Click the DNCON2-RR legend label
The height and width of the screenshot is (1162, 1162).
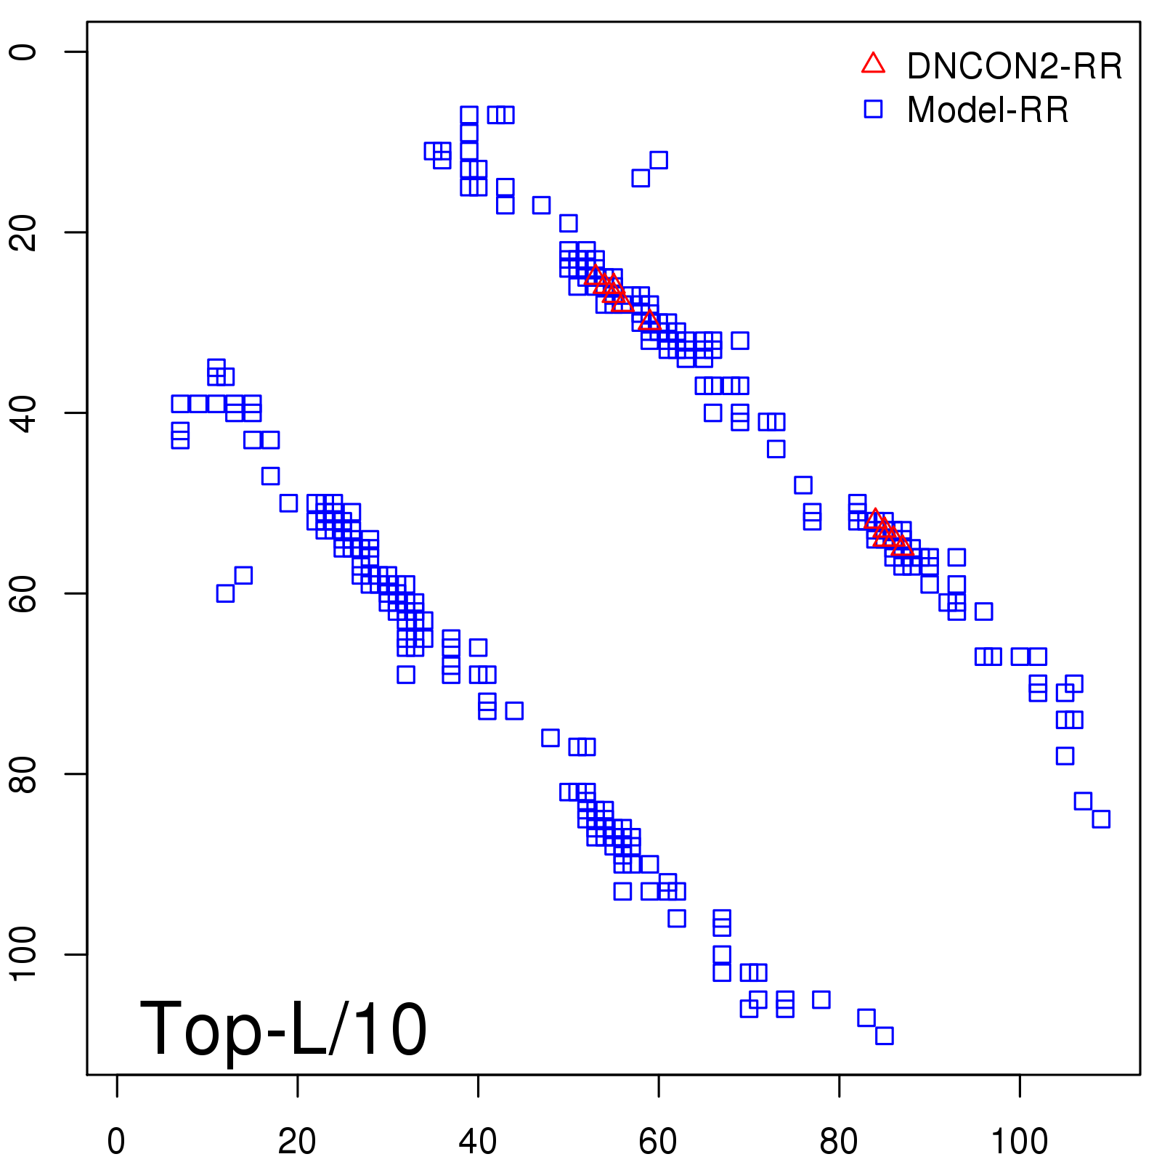(1014, 66)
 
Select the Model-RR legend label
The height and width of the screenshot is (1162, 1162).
(988, 110)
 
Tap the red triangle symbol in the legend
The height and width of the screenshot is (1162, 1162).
(873, 64)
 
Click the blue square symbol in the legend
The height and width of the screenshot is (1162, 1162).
(873, 109)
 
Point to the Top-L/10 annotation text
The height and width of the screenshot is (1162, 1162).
(283, 1029)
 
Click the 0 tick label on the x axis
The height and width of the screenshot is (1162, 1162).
(116, 1142)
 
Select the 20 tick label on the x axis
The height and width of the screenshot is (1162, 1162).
(297, 1142)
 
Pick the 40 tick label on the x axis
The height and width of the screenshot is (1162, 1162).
(478, 1142)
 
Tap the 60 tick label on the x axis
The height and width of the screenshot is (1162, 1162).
(658, 1142)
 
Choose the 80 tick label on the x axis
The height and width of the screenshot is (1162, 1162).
(839, 1142)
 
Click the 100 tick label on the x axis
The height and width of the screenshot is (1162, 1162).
(1019, 1142)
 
